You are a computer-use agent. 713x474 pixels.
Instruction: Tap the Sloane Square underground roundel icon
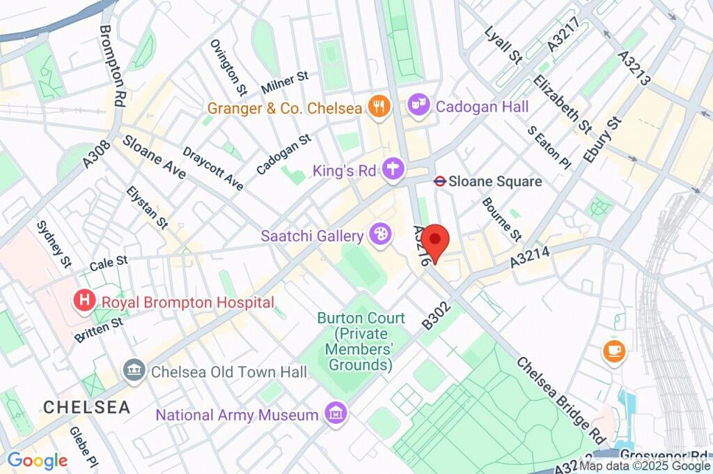(439, 181)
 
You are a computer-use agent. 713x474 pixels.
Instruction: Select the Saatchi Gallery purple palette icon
(380, 236)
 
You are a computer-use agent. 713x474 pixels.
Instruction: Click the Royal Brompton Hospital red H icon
(84, 302)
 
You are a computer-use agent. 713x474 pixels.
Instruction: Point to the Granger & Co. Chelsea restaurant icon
(379, 107)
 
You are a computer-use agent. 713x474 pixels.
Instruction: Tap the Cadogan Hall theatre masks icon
(418, 106)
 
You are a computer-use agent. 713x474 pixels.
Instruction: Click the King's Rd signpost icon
(395, 169)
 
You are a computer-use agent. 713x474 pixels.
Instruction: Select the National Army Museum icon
(336, 415)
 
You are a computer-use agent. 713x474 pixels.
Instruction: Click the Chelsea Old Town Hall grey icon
(132, 372)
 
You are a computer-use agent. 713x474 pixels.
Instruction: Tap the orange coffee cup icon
(613, 351)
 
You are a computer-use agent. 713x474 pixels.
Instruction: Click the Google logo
(37, 461)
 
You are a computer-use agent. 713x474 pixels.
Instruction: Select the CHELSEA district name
(86, 407)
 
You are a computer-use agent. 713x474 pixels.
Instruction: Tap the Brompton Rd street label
(112, 66)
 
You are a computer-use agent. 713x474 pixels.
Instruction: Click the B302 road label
(436, 316)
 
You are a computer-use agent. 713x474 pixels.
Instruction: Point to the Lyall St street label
(503, 45)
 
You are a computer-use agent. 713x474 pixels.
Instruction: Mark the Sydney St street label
(54, 244)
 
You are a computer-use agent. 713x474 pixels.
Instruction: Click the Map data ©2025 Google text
(645, 466)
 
